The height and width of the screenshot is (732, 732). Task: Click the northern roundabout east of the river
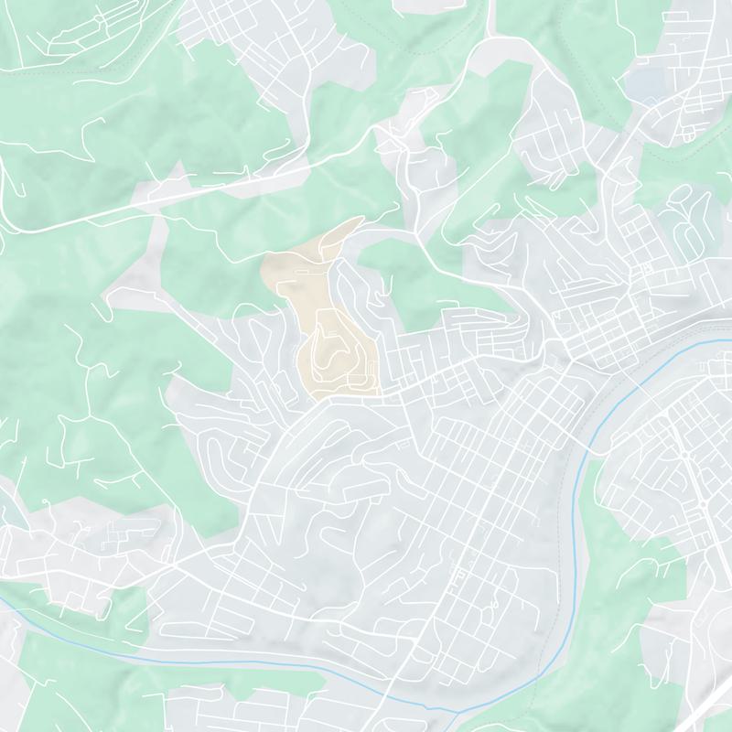click(684, 455)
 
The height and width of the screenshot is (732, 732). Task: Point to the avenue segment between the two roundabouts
click(694, 479)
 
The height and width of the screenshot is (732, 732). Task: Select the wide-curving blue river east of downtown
click(581, 457)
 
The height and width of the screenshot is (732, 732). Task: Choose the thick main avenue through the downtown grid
click(476, 485)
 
